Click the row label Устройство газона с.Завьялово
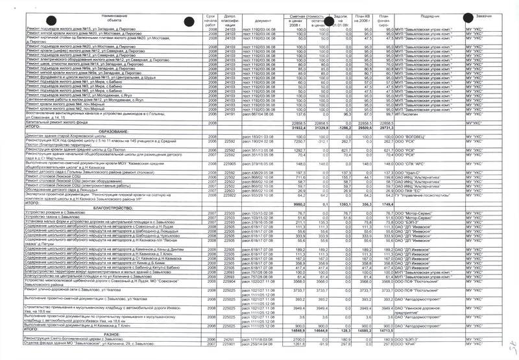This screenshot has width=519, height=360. click(39, 219)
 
